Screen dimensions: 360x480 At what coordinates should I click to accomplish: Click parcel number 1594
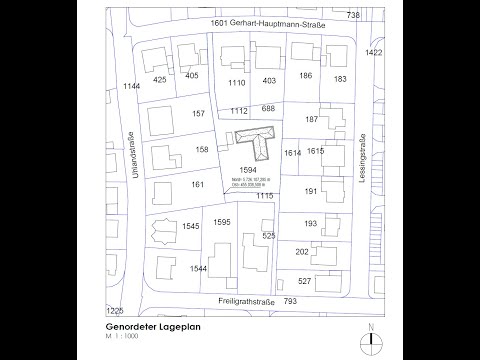click(250, 170)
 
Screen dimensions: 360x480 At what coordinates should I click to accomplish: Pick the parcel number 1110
click(237, 82)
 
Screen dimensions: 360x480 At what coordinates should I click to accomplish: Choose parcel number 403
click(268, 80)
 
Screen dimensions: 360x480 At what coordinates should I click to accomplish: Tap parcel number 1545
click(193, 227)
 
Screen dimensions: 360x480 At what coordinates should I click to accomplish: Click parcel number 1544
click(198, 269)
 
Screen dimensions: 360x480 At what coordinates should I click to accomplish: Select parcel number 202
click(302, 253)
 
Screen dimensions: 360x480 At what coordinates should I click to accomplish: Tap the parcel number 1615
click(315, 151)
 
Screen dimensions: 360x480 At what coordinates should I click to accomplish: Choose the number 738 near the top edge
click(352, 16)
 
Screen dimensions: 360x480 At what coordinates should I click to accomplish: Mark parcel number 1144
click(131, 87)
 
